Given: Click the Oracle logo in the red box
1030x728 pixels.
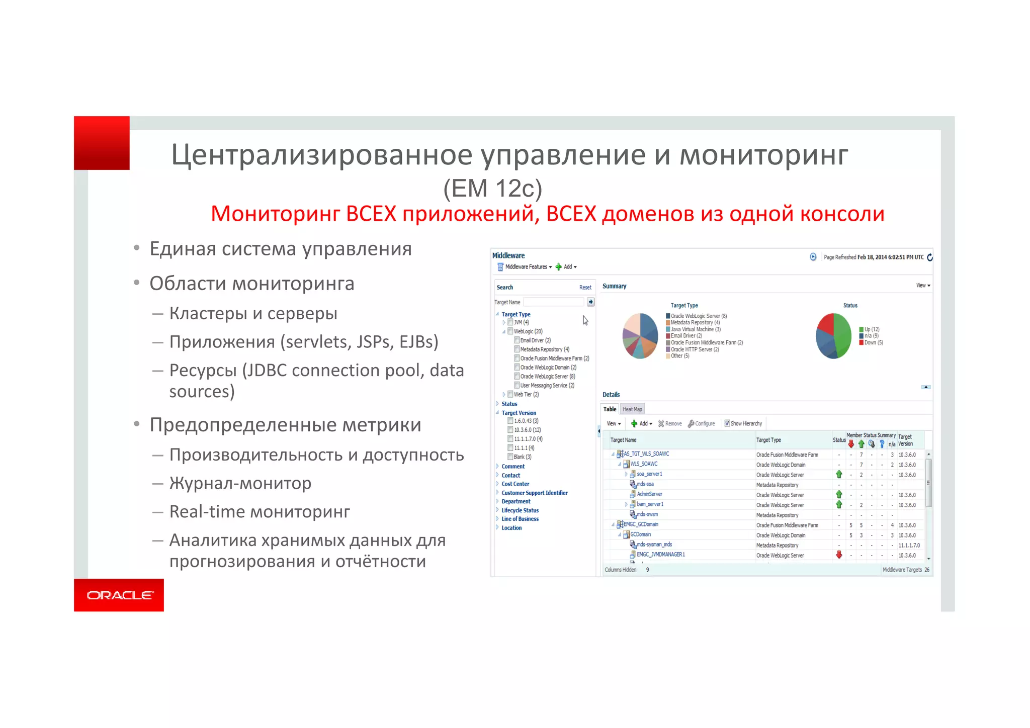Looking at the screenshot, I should point(119,595).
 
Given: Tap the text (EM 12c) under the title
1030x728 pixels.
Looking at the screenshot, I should point(492,189).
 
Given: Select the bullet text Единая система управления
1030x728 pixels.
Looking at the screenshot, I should point(281,249).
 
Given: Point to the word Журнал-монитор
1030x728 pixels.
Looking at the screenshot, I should point(240,483).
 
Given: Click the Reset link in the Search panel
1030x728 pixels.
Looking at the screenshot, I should point(585,288).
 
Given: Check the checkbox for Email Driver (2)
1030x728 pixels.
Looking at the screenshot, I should point(517,340).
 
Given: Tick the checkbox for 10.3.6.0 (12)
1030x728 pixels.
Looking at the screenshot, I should point(510,430).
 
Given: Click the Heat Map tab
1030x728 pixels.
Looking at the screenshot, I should point(632,409).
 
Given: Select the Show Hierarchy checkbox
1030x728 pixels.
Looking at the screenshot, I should point(727,423).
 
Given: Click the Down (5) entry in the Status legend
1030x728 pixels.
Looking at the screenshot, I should point(873,343).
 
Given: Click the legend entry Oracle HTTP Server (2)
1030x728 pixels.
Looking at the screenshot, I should point(695,349).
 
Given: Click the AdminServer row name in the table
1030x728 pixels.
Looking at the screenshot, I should point(649,494).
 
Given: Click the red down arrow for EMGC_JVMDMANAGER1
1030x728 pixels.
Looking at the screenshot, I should point(839,555).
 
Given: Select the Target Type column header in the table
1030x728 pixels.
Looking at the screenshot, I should point(768,440).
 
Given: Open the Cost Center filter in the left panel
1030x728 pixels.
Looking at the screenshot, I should point(515,484).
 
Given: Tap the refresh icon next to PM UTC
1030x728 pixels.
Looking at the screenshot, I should point(929,257).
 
